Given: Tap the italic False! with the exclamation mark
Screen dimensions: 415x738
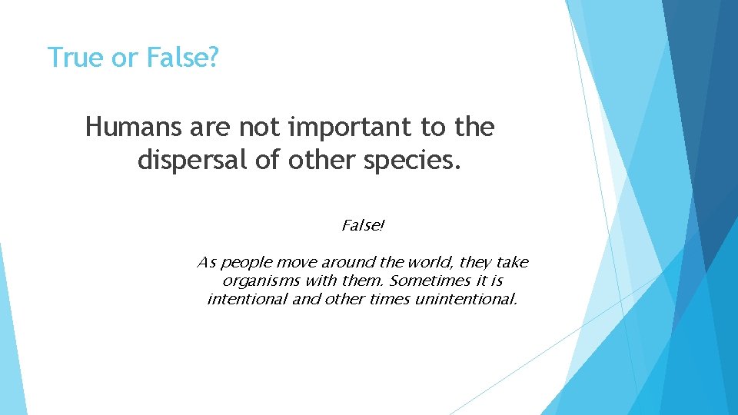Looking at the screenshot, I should pyautogui.click(x=363, y=226).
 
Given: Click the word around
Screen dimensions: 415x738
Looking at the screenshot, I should pyautogui.click(x=338, y=263).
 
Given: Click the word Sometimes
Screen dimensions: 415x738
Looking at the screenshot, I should pyautogui.click(x=424, y=281).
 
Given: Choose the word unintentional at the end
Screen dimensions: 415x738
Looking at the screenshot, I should pyautogui.click(x=466, y=298).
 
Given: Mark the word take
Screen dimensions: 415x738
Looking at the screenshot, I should pyautogui.click(x=512, y=263).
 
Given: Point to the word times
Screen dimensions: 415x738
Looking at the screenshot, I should pyautogui.click(x=389, y=298).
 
